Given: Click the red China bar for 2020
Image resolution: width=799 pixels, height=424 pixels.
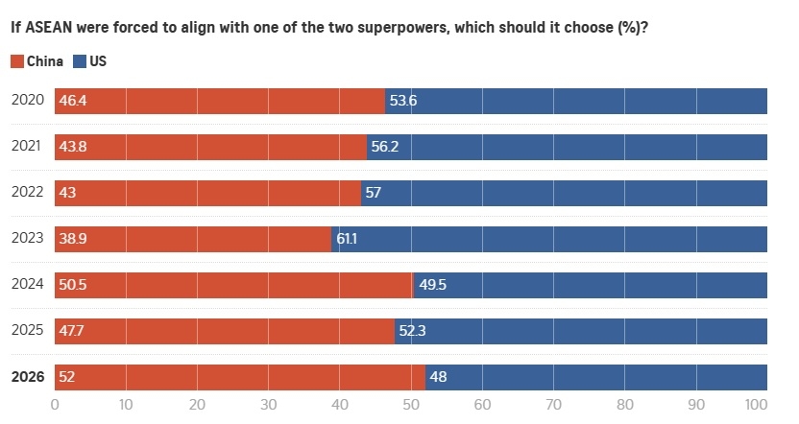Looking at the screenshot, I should tap(219, 101).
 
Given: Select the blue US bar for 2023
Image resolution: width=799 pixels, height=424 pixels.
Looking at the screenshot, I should tap(549, 239).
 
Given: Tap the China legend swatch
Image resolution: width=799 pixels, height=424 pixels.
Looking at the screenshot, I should tap(16, 61).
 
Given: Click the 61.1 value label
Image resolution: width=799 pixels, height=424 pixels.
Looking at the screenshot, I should tap(350, 239).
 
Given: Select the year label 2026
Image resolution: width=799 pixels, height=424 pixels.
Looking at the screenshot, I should tap(28, 377).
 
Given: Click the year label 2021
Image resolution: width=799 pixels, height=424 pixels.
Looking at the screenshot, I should tap(28, 147).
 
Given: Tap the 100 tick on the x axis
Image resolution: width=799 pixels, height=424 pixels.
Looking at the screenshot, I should tap(756, 405).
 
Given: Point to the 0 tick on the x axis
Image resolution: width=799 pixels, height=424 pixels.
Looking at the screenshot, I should tap(55, 405).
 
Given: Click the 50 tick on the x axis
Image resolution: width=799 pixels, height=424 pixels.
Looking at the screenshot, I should tap(411, 405).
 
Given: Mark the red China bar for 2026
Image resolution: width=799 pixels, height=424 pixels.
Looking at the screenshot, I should tap(240, 377).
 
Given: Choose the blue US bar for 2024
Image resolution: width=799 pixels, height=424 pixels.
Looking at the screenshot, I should tap(591, 285).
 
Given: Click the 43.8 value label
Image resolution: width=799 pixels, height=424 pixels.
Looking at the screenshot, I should tap(74, 147).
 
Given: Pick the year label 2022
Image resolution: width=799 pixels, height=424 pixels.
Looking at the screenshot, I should tap(28, 193).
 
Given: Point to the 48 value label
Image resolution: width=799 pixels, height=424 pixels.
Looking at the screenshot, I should tap(438, 377).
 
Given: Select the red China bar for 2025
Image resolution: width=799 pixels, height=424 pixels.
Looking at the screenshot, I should tap(225, 331).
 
